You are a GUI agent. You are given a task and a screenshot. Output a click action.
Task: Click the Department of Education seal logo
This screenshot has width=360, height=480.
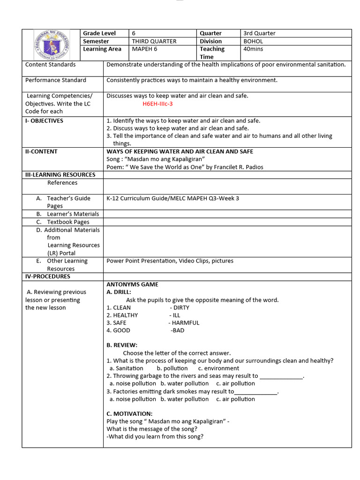[x=52, y=45]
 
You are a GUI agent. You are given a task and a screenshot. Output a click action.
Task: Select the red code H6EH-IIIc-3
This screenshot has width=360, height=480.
[x=158, y=104]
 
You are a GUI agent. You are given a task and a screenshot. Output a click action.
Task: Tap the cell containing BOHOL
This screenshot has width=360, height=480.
[x=253, y=41]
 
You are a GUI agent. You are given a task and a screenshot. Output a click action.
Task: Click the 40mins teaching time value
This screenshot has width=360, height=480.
[x=253, y=49]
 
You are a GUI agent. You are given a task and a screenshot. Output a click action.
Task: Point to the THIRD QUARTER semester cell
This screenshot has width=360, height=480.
[x=154, y=41]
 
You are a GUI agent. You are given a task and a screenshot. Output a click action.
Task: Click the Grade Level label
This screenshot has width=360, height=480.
[x=99, y=33]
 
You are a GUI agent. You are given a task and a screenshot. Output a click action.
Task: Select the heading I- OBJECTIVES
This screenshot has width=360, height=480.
[x=44, y=120]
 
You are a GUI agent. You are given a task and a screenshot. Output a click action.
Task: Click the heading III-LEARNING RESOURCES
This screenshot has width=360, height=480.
[x=60, y=174]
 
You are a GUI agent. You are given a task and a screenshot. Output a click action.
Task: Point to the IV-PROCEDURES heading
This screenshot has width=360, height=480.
[x=47, y=277]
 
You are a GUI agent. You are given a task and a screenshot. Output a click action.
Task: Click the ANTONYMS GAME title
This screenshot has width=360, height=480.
[x=132, y=285]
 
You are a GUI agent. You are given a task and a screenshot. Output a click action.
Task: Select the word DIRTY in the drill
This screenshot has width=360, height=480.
[x=181, y=307]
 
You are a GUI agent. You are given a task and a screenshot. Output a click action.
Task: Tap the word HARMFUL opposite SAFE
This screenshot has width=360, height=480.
[x=185, y=322]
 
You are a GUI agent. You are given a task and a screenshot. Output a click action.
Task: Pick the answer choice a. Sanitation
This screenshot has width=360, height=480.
[x=126, y=368]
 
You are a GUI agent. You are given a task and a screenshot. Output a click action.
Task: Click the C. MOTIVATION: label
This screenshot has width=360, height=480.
[x=129, y=413]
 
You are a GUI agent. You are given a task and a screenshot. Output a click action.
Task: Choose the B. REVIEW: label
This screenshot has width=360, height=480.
[x=122, y=345]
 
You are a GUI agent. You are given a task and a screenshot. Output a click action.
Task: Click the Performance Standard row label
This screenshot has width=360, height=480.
[x=56, y=80]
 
